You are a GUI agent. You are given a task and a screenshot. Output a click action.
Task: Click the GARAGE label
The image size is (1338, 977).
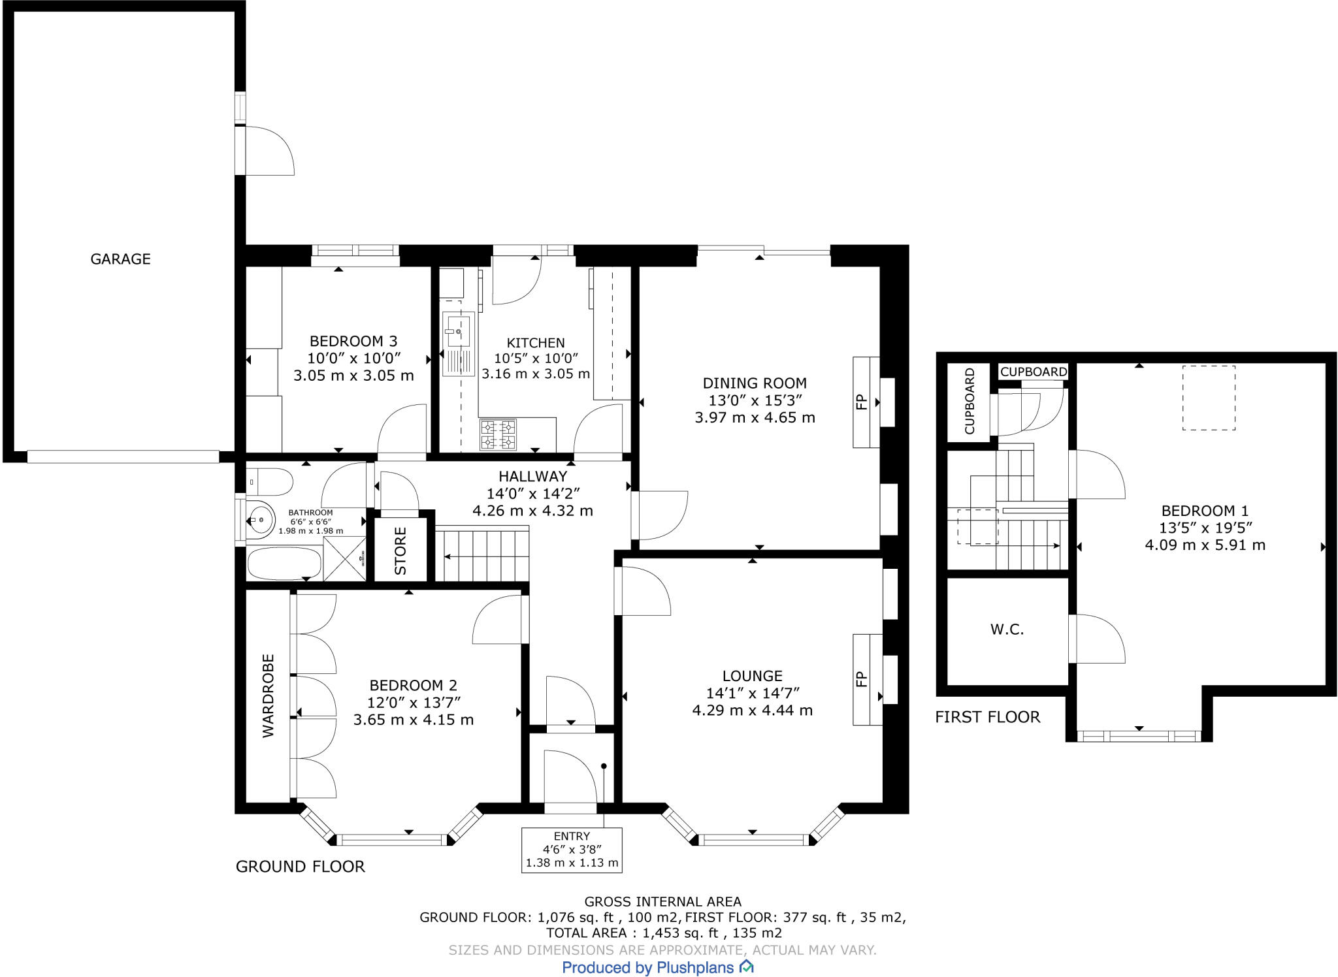click(x=120, y=259)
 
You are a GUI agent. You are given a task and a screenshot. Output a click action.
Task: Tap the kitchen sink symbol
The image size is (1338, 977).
click(x=458, y=344)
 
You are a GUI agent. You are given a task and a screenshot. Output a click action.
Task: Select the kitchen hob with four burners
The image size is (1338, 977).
click(x=498, y=435)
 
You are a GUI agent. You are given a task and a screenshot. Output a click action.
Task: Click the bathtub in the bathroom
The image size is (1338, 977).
click(x=284, y=564)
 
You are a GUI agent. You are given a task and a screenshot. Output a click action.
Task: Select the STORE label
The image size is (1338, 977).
click(x=400, y=551)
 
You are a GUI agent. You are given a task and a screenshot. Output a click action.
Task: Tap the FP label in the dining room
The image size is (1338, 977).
click(x=861, y=402)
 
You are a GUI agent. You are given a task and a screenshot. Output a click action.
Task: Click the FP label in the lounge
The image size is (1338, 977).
click(x=861, y=679)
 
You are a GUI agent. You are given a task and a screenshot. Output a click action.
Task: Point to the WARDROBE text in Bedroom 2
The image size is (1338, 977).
click(x=269, y=696)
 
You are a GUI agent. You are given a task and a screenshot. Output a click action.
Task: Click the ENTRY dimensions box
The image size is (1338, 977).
click(x=572, y=850)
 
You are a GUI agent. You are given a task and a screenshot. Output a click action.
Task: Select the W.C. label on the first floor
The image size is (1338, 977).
click(x=1007, y=630)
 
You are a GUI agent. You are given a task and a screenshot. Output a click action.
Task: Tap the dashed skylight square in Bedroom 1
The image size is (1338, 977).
click(x=1209, y=397)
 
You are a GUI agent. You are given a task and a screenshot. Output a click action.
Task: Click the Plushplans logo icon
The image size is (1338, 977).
click(x=746, y=967)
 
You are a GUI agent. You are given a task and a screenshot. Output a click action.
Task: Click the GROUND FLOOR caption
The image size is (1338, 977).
click(x=301, y=867)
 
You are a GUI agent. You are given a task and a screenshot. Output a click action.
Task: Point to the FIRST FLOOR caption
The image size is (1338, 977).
click(x=987, y=717)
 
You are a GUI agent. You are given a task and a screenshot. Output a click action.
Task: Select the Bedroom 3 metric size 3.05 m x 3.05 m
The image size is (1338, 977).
click(x=353, y=376)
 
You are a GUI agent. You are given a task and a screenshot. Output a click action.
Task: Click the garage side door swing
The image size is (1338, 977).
click(x=268, y=150)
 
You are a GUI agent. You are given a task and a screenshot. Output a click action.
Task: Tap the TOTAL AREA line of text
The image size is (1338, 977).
click(x=664, y=933)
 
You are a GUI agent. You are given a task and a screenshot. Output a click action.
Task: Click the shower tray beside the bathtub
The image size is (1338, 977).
click(x=344, y=558)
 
